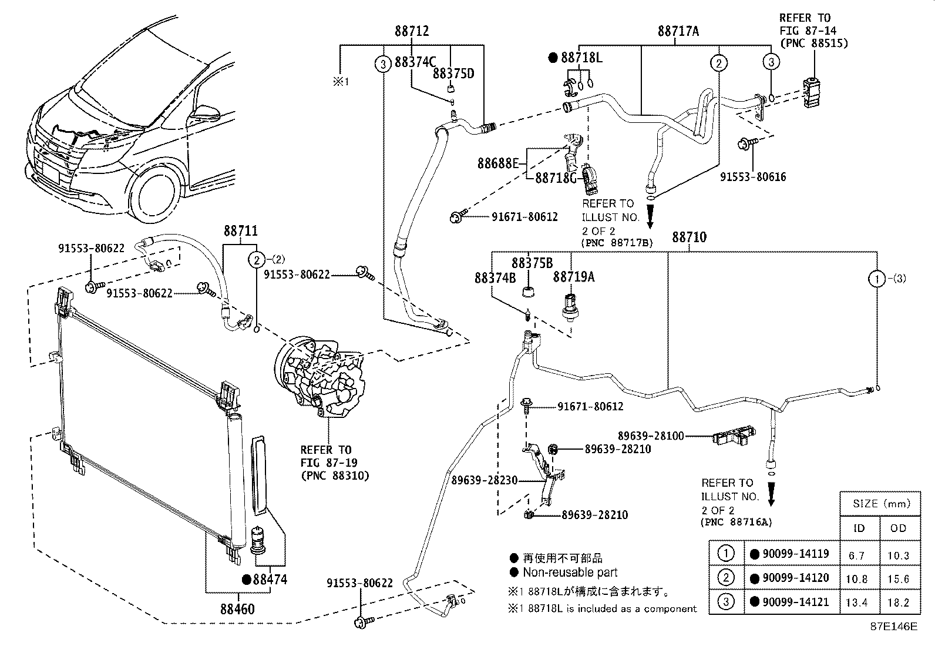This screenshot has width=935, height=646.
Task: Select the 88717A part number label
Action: click(678, 31)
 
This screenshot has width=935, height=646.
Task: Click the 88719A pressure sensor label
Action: click(573, 276)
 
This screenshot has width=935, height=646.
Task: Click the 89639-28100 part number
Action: click(650, 436)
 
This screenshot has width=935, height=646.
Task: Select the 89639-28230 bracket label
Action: click(485, 480)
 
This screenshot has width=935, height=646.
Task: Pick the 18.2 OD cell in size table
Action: click(899, 602)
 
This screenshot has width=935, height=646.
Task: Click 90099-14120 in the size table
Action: click(795, 578)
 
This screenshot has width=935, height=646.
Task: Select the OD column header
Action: click(899, 528)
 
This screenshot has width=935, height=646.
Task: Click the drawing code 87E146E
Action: click(893, 627)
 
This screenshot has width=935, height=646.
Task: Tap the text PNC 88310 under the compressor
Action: click(335, 476)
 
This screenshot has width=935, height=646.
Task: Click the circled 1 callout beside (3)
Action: click(877, 279)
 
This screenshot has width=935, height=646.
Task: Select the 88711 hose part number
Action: click(240, 232)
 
